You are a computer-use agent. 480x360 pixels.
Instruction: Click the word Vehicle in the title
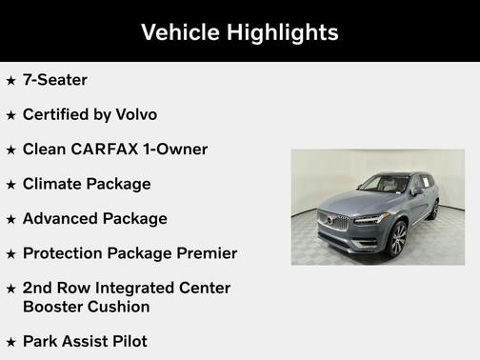(x=180, y=32)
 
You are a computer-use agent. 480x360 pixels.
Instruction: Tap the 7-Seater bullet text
(x=55, y=80)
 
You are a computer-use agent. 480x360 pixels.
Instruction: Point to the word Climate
(x=53, y=184)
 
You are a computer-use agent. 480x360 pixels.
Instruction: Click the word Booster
(x=55, y=307)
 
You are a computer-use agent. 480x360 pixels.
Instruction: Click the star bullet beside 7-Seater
(x=10, y=81)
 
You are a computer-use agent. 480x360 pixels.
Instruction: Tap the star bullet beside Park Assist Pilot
(x=10, y=342)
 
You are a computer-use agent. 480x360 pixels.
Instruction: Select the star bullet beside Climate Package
(x=10, y=185)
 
